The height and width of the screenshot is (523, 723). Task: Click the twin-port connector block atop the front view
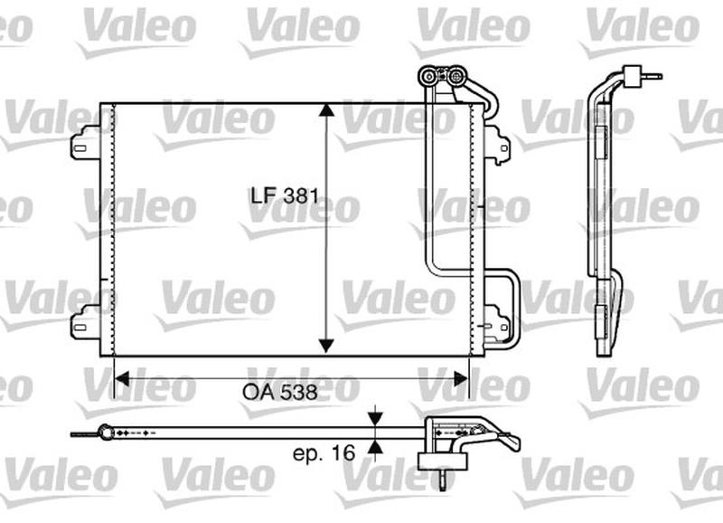pos(442,78)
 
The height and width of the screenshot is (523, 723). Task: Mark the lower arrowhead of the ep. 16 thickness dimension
pos(376,446)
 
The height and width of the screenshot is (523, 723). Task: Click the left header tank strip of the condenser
pos(108,230)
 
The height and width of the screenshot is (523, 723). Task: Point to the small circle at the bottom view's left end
pos(108,433)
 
